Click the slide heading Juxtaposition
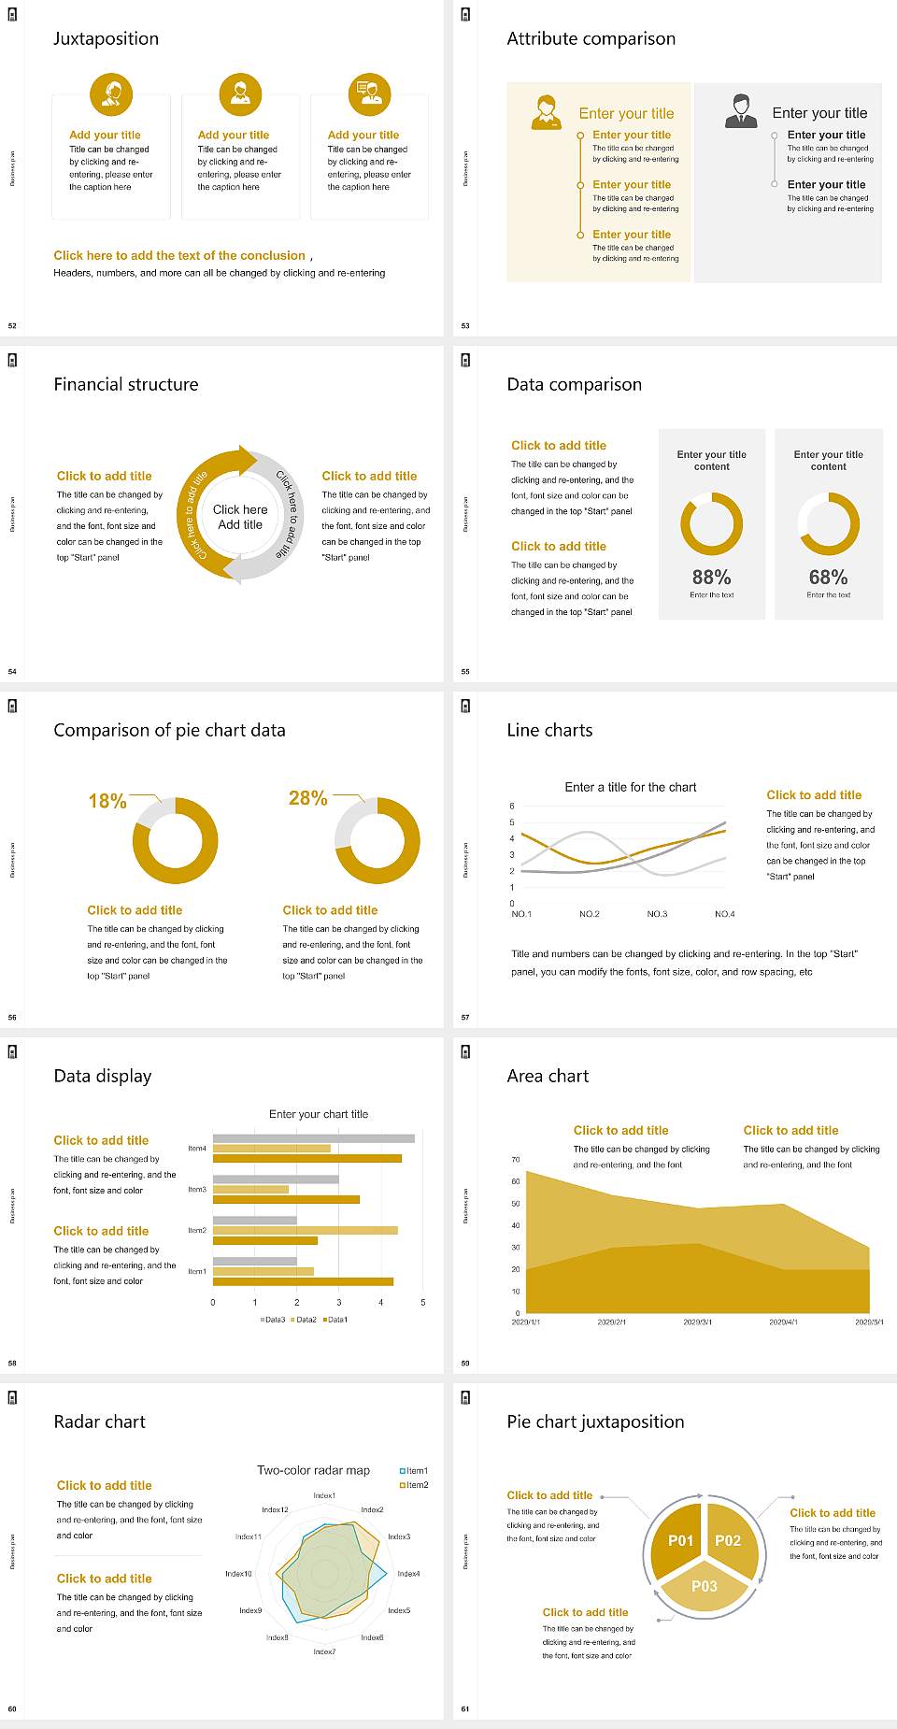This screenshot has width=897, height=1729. point(106,38)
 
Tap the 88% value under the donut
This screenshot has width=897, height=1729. point(711,577)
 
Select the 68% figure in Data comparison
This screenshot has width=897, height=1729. point(828,577)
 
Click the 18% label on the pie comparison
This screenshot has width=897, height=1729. point(107,801)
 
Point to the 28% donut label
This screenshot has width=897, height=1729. point(307,797)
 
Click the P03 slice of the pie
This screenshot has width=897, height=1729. point(705,1586)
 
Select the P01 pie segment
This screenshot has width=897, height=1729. point(680,1540)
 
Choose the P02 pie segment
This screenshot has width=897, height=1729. point(728,1540)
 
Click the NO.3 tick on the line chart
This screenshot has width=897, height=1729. point(657,914)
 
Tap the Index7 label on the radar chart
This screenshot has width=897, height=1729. point(324,1651)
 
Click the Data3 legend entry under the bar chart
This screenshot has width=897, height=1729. point(273,1320)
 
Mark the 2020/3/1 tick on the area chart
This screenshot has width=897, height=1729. point(697,1322)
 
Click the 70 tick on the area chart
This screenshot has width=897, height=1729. point(516,1160)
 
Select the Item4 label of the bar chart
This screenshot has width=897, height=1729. point(197,1148)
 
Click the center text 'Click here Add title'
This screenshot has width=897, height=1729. point(240,517)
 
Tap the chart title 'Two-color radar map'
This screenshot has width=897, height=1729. point(313,1470)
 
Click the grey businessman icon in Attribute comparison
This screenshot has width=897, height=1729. point(741,111)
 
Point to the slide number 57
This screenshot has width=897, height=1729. point(465,1017)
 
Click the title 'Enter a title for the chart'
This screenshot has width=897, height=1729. point(631,787)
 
